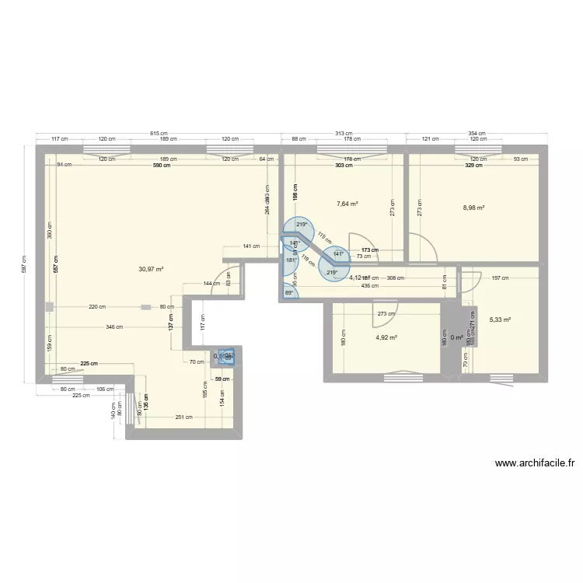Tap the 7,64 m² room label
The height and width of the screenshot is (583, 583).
(347, 204)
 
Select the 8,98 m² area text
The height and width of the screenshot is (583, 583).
(473, 208)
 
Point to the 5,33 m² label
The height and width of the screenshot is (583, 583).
(500, 319)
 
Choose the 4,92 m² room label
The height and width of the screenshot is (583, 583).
(386, 337)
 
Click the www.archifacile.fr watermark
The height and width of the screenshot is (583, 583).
(535, 464)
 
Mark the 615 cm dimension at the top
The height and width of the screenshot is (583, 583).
(158, 134)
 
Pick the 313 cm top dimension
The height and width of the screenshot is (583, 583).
(344, 134)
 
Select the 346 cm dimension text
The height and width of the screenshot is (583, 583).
(114, 327)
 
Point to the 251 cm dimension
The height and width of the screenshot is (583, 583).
(183, 417)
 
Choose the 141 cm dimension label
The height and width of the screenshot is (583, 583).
(251, 246)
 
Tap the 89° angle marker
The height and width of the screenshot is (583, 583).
(290, 293)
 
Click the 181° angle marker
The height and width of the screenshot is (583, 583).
(291, 260)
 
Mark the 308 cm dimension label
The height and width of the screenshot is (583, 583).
(395, 278)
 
